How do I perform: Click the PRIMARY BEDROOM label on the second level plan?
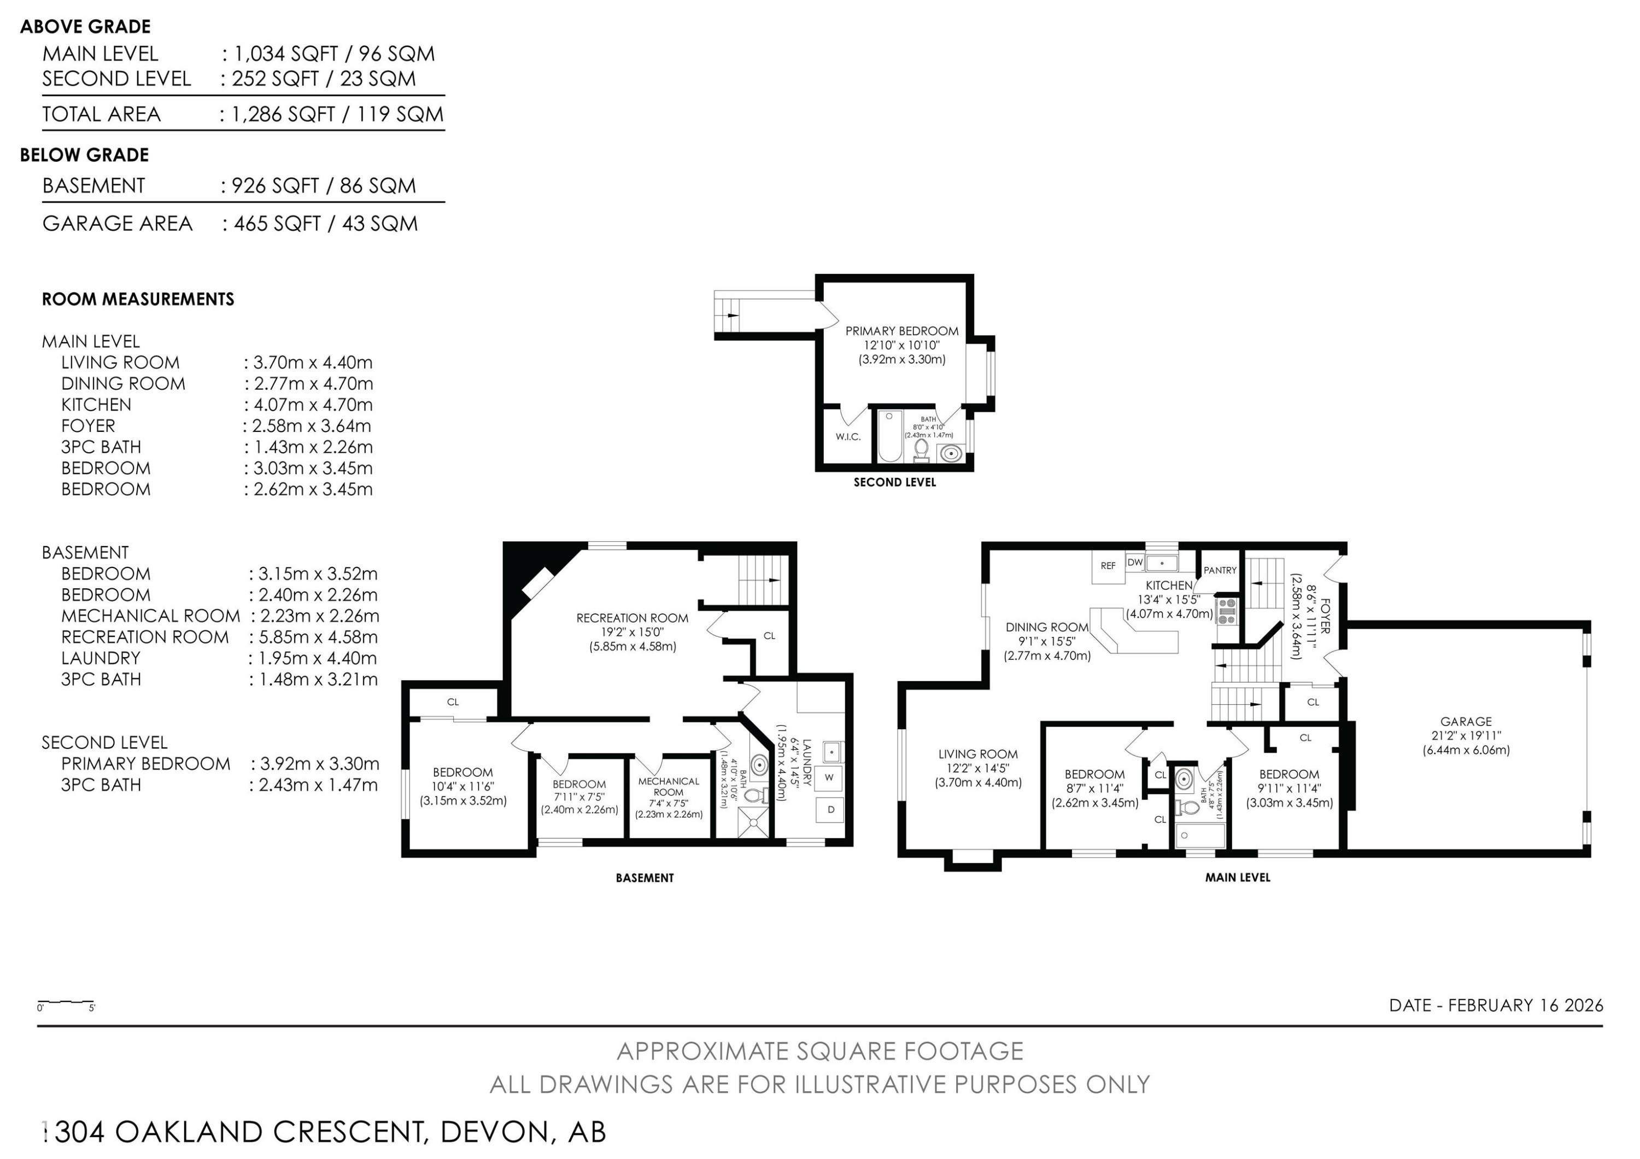[901, 331]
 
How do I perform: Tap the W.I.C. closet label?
[848, 437]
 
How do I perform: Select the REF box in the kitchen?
[1108, 566]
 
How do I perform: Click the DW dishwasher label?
[1135, 563]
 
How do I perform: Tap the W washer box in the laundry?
[829, 777]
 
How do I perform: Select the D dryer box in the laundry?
[830, 810]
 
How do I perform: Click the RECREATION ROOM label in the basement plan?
[632, 618]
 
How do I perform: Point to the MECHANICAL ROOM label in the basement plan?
[669, 787]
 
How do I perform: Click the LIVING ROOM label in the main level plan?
[978, 754]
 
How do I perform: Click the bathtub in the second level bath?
[890, 436]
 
